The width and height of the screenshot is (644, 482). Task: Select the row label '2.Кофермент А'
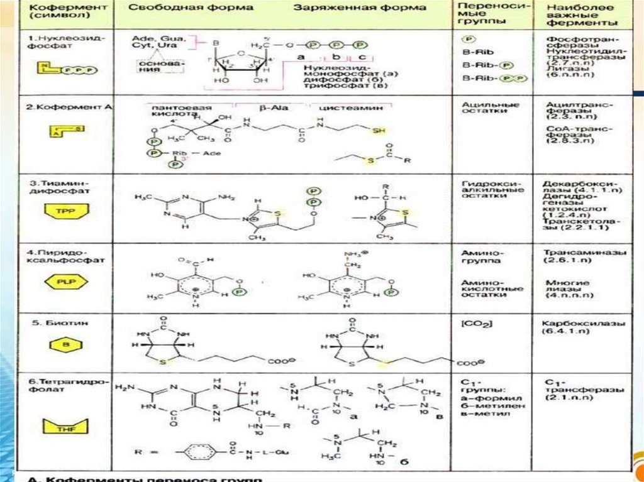[x=69, y=107]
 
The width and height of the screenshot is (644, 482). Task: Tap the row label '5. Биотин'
[x=53, y=323]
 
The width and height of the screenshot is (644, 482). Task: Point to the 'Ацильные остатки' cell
[x=482, y=107]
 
